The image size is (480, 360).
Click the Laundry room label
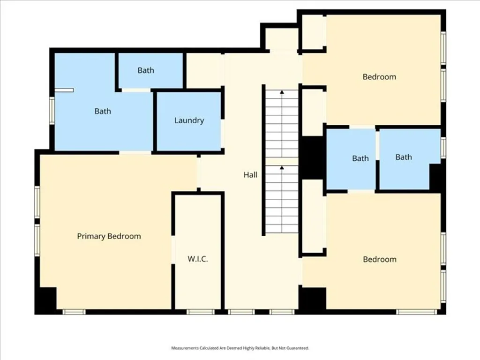pos(189,120)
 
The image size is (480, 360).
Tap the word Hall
pos(250,175)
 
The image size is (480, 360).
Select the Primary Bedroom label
pos(109,236)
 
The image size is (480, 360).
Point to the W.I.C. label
pos(198,259)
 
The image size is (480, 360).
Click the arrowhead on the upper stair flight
pos(282,92)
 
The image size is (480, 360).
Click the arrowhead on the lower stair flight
pos(282,167)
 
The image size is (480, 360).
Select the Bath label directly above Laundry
pos(146,70)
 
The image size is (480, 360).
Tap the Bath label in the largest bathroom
pos(103,111)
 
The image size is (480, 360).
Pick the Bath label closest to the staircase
pos(360,158)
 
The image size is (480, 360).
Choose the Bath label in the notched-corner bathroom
pos(404,157)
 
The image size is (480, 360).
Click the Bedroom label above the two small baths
pos(379,77)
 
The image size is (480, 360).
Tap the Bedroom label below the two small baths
pos(379,259)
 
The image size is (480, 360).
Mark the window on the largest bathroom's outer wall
pos(52,110)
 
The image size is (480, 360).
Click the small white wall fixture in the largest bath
pos(64,90)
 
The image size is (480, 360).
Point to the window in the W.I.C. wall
pos(200,312)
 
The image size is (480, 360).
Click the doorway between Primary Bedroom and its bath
pos(135,152)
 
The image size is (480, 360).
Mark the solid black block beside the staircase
pos(312,157)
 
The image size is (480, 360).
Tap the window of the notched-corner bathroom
pos(443,148)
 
